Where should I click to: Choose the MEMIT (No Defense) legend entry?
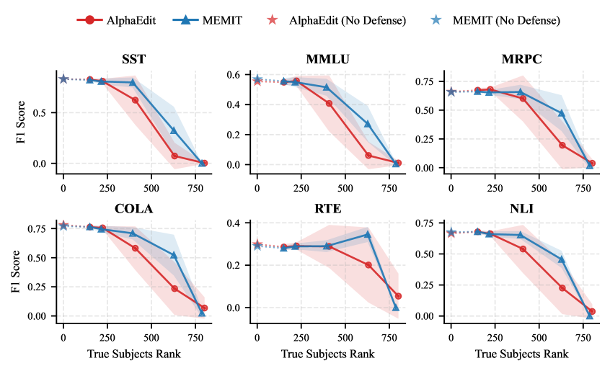(x=498, y=20)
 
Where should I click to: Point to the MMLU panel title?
(x=327, y=60)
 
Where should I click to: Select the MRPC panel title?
(x=522, y=60)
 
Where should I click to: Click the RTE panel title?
(x=327, y=210)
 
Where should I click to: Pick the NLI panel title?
(x=522, y=210)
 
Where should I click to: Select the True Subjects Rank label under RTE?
(x=327, y=354)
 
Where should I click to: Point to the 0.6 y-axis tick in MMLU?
(x=232, y=75)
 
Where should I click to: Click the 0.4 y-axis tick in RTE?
(x=232, y=223)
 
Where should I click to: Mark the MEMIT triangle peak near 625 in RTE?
(x=368, y=234)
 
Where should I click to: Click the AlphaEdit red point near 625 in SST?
(x=174, y=156)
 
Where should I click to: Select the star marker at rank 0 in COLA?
(x=63, y=225)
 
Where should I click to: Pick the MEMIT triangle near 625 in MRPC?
(x=562, y=113)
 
